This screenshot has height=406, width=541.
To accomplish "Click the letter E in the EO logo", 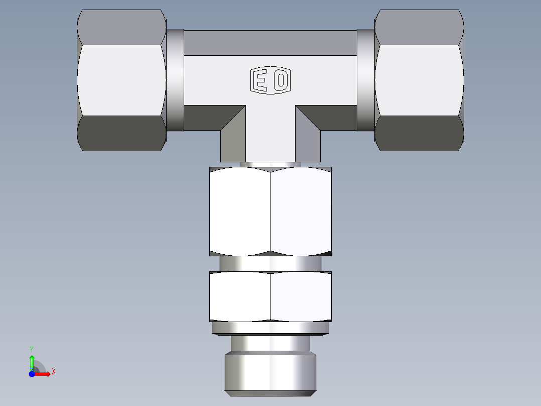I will tap(260, 80).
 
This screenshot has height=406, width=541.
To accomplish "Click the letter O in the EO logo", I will tap(281, 80).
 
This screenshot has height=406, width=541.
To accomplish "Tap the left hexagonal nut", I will tap(121, 80).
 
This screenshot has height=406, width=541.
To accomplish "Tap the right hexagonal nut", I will tap(419, 80).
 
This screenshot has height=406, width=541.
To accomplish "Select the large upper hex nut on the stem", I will tap(270, 211).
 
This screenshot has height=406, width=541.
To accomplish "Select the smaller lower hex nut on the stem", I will tap(270, 296).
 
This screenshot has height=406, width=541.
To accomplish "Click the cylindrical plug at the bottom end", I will tap(270, 372).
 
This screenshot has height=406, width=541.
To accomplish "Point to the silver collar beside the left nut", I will tap(175, 80).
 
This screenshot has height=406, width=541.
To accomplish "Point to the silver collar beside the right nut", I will tap(366, 80).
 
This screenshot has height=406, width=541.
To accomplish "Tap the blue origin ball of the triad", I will tap(32, 374).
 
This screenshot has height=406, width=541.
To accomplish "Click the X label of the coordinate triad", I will tap(53, 372).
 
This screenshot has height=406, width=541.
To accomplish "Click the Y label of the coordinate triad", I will tap(32, 349).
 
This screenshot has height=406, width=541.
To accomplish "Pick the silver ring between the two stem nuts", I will tap(270, 263).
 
